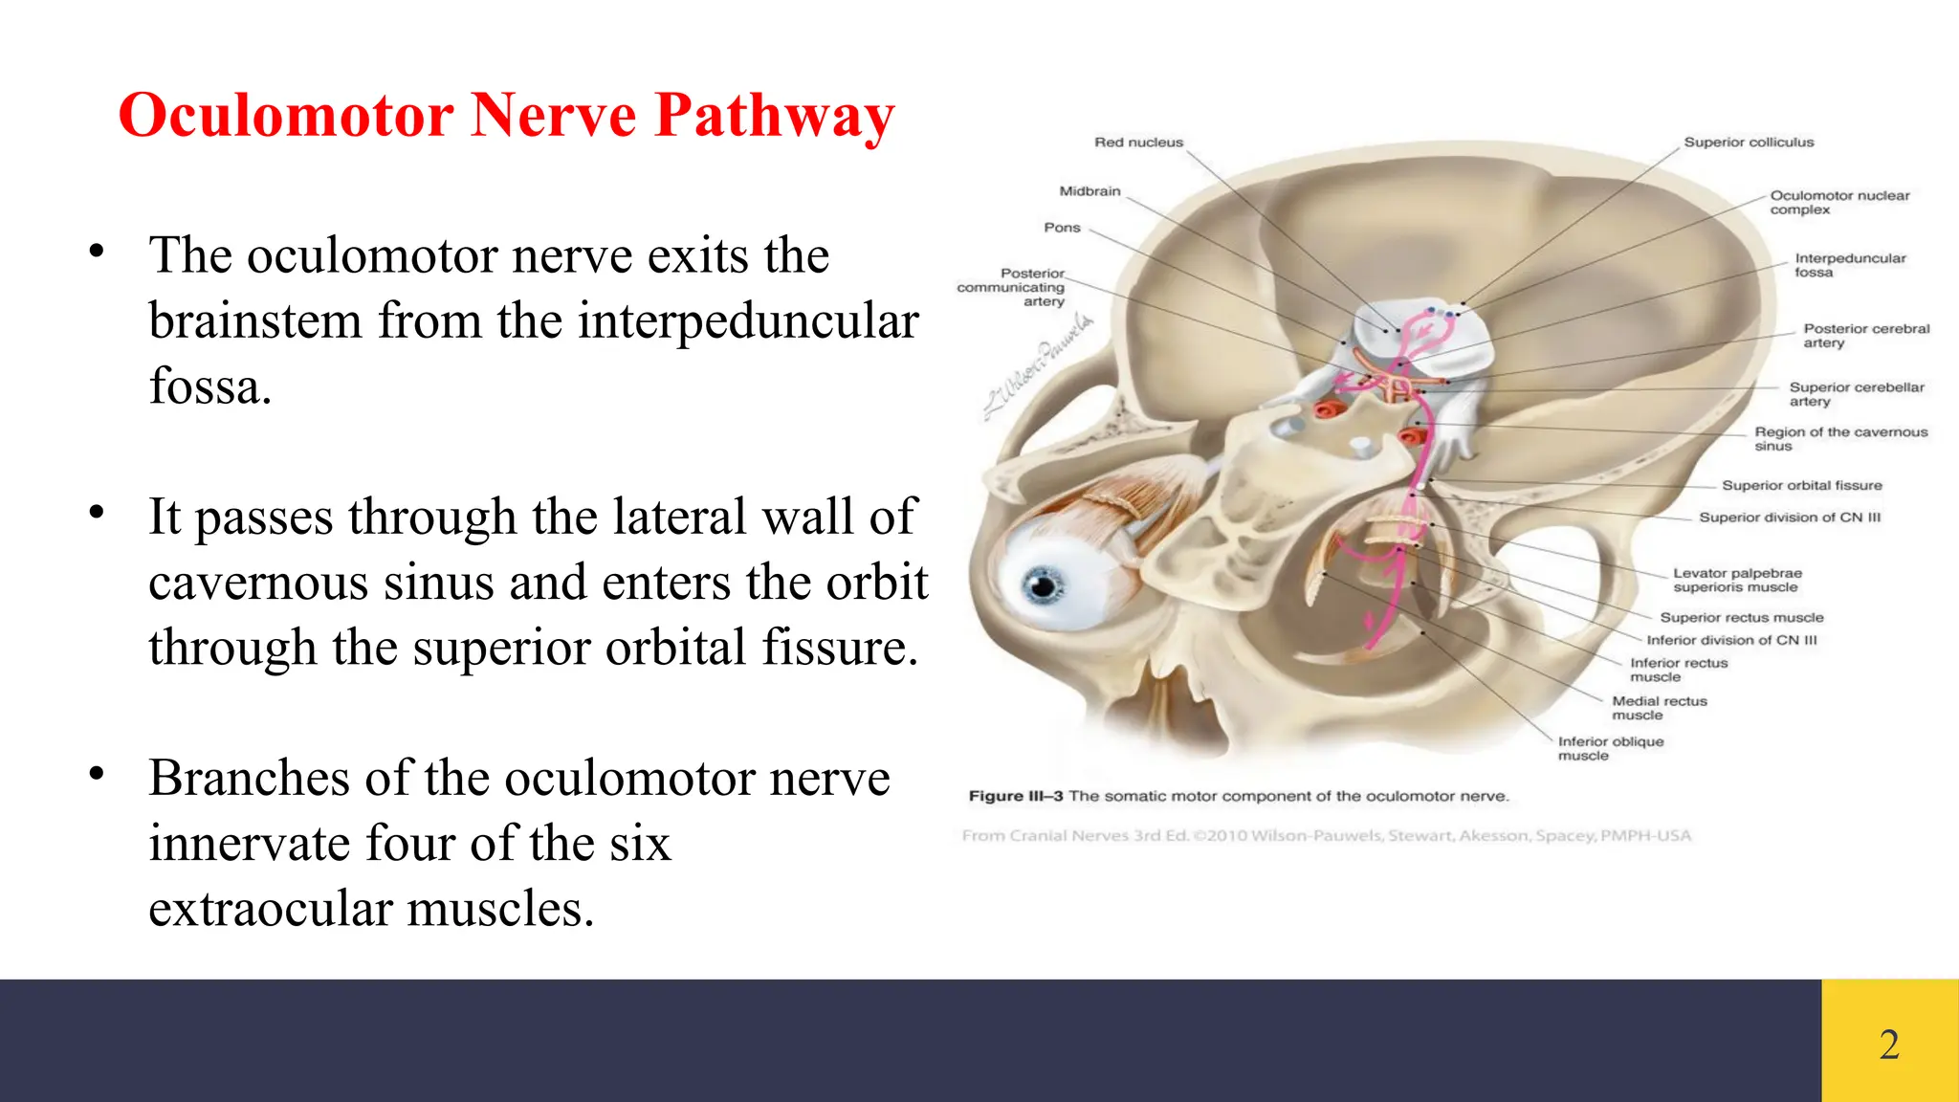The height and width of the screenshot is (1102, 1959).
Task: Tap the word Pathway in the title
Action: tap(775, 117)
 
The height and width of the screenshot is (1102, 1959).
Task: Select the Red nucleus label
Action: tap(1138, 143)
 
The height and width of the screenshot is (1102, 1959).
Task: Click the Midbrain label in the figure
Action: tap(1090, 191)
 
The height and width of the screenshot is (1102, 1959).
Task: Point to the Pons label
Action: tap(1062, 228)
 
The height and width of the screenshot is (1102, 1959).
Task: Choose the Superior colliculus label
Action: tap(1749, 143)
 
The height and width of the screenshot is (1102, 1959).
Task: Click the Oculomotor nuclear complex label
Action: tap(1838, 202)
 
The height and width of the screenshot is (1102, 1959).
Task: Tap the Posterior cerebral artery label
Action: tap(1865, 336)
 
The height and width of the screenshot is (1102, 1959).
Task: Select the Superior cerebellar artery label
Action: tap(1856, 394)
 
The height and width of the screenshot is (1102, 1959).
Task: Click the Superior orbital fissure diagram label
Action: tap(1801, 486)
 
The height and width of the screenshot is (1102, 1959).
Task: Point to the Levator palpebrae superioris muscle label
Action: tap(1736, 580)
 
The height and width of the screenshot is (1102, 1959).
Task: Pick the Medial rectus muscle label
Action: tap(1659, 708)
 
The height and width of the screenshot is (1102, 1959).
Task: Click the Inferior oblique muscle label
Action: tap(1610, 748)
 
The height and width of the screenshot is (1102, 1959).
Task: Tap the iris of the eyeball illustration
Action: tap(1043, 584)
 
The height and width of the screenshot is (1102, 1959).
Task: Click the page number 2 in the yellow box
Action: tap(1889, 1044)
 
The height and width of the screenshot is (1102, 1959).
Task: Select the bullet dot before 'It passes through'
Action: tap(96, 513)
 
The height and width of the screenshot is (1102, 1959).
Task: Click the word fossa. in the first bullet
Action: tap(210, 386)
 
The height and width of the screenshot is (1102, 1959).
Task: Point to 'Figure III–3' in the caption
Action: tap(1015, 796)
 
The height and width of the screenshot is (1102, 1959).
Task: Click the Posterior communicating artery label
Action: tap(1012, 287)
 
